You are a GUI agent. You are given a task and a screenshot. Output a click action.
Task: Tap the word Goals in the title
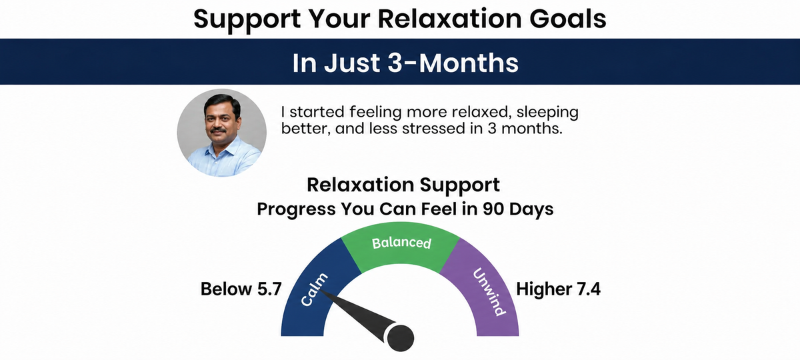567,19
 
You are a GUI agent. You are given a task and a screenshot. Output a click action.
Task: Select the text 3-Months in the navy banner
453,63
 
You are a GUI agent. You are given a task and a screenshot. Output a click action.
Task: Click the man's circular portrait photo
221,133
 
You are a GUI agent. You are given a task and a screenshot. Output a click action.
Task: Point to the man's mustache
219,131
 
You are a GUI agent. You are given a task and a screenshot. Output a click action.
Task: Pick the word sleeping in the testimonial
547,113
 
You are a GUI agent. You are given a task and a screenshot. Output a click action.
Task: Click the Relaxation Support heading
403,185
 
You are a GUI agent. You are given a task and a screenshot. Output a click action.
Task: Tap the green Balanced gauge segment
401,247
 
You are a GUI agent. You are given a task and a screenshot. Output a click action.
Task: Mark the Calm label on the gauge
314,289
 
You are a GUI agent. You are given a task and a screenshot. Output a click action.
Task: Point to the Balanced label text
401,243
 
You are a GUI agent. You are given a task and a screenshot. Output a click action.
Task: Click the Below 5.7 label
241,289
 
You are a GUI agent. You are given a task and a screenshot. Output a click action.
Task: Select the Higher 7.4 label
558,289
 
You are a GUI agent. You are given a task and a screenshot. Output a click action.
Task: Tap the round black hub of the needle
401,338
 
